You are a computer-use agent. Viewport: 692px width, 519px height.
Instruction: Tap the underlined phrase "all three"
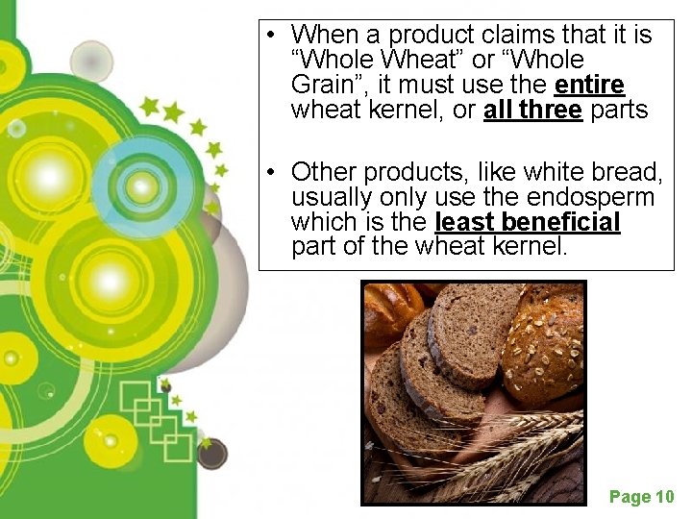coord(532,111)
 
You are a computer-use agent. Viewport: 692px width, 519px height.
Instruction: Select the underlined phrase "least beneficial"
coord(528,223)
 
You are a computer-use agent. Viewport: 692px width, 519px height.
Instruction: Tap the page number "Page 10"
coord(642,497)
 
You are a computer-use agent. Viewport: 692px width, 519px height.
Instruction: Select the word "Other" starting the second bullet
coord(322,172)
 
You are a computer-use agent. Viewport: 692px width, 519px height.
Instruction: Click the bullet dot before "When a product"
coord(273,37)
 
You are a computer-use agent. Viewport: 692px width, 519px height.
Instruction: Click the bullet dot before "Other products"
coord(273,173)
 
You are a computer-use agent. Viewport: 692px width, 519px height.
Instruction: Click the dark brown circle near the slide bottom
coord(211,453)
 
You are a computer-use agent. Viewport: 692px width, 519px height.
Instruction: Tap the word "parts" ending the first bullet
coord(619,111)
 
